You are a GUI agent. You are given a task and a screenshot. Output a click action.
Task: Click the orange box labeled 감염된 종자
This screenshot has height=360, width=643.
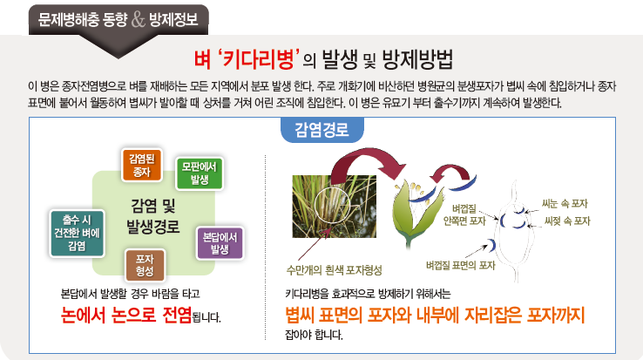coord(142,165)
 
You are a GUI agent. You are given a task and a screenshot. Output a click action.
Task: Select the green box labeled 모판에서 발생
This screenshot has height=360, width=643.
coord(200,173)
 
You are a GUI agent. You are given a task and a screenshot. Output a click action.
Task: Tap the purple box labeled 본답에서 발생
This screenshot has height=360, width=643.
coord(220,243)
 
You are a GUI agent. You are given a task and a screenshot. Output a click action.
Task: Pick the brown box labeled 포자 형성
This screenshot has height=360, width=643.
coord(145,265)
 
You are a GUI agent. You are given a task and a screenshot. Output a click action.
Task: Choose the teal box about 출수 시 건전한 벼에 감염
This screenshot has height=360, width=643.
coord(77,233)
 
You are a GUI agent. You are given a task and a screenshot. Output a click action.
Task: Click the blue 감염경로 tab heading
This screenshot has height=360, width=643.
coord(321,130)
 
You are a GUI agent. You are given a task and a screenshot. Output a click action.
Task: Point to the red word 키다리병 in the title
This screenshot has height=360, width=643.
coord(257,59)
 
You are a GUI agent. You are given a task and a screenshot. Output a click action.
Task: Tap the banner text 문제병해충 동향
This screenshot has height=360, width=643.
coord(83,20)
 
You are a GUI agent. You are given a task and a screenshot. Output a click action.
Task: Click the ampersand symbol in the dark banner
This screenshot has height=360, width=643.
coord(139,20)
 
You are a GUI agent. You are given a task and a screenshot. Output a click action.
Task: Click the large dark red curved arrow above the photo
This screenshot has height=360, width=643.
coord(361,158)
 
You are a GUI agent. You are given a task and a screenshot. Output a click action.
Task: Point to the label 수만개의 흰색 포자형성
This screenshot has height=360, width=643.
coord(335,270)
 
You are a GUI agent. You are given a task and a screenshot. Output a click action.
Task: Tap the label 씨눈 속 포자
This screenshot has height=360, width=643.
coord(565,203)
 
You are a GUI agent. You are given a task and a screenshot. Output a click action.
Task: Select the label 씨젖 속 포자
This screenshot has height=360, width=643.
coord(567,221)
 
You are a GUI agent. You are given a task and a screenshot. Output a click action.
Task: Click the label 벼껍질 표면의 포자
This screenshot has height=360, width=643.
coord(461,266)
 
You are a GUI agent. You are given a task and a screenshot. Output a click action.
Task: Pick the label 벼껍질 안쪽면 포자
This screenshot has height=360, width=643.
coord(464,215)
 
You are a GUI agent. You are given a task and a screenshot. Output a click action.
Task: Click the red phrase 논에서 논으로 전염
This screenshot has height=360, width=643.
coord(126,315)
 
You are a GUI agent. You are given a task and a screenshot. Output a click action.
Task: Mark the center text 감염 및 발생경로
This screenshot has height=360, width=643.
coord(153,216)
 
